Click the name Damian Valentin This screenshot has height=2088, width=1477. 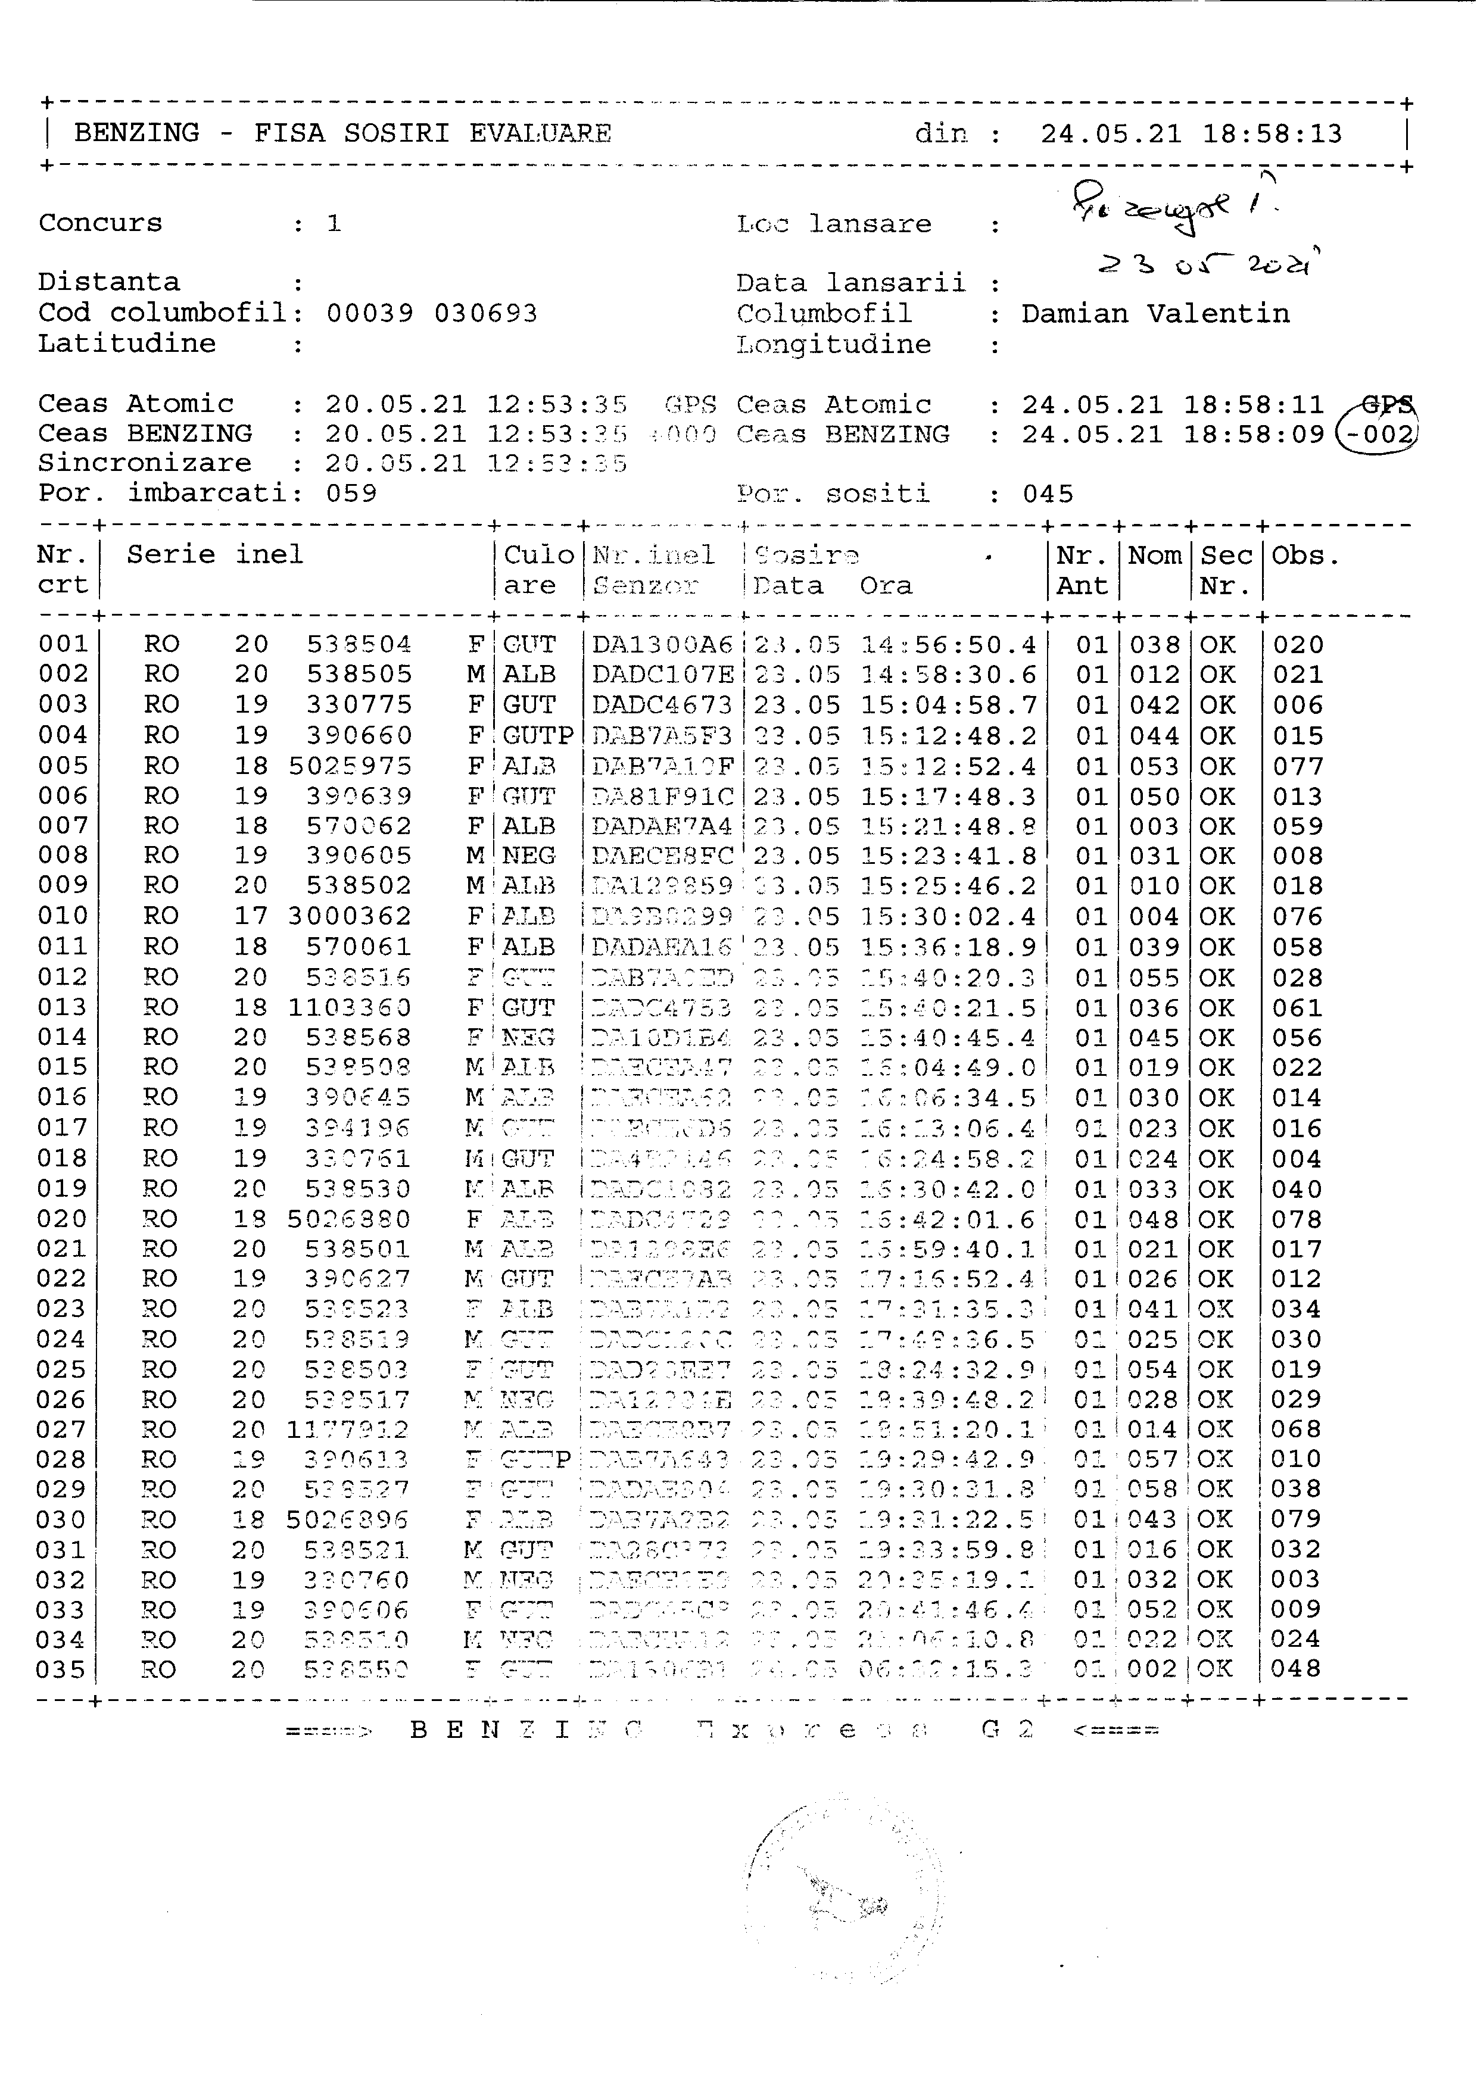pos(1155,314)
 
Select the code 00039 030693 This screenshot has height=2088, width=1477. pos(432,314)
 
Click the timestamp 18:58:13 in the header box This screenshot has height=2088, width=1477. pos(1272,135)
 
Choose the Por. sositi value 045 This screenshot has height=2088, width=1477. pos(1048,494)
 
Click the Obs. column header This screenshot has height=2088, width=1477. pos(1305,555)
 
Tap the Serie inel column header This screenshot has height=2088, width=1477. pos(214,555)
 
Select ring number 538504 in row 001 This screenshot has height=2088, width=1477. pos(359,645)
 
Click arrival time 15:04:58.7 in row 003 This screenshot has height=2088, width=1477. pos(949,706)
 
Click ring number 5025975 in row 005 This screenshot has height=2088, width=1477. pos(350,766)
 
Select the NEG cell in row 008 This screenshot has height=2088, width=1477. pos(528,856)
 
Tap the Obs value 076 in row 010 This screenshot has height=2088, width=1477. pos(1297,917)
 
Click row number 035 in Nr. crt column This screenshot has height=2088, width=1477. pos(62,1669)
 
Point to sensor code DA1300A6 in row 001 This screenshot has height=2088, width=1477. pos(662,645)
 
